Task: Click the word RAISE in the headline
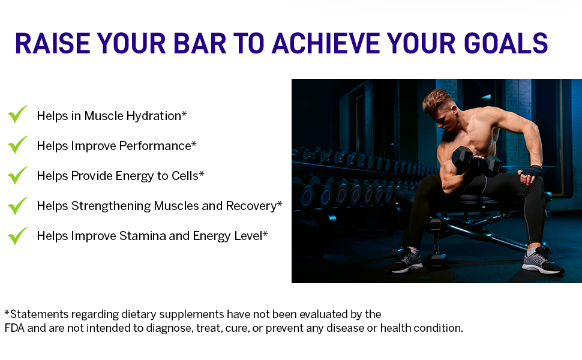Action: [x=52, y=43]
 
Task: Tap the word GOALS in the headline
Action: [x=506, y=43]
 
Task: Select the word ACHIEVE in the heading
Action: [x=326, y=43]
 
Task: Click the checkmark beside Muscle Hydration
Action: [x=17, y=114]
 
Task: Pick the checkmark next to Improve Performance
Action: [x=17, y=145]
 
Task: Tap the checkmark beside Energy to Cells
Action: [x=17, y=175]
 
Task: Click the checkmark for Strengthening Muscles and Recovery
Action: [x=17, y=205]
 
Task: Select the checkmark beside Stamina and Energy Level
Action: [x=17, y=236]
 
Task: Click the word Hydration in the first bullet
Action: [x=154, y=116]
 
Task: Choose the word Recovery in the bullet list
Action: [x=251, y=206]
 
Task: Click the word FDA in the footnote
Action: [x=14, y=328]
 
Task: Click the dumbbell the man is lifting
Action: [x=476, y=161]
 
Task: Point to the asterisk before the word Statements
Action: [x=7, y=313]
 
